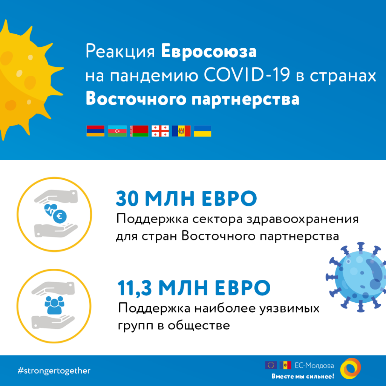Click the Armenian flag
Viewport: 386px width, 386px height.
(95, 131)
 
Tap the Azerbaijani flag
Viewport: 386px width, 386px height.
(117, 131)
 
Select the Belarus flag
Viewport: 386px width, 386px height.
(139, 131)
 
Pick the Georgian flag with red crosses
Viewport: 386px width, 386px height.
(160, 131)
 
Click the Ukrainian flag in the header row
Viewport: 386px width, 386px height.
(202, 131)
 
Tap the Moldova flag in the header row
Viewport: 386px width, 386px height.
(181, 131)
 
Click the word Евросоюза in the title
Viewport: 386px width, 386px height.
(209, 51)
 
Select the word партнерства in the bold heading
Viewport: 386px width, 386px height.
(245, 99)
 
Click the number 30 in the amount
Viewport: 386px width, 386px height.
(127, 198)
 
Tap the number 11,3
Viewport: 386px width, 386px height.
(135, 288)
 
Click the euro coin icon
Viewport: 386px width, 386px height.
(60, 216)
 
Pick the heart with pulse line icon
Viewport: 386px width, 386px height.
(51, 210)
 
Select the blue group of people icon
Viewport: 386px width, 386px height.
(54, 305)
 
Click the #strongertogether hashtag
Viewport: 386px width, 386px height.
(54, 371)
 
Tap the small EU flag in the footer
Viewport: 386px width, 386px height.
(271, 365)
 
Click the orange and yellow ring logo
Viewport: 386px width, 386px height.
(350, 369)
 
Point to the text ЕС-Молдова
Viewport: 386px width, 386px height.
(314, 366)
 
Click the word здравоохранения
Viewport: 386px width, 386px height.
(303, 219)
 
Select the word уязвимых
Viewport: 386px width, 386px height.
(289, 308)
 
